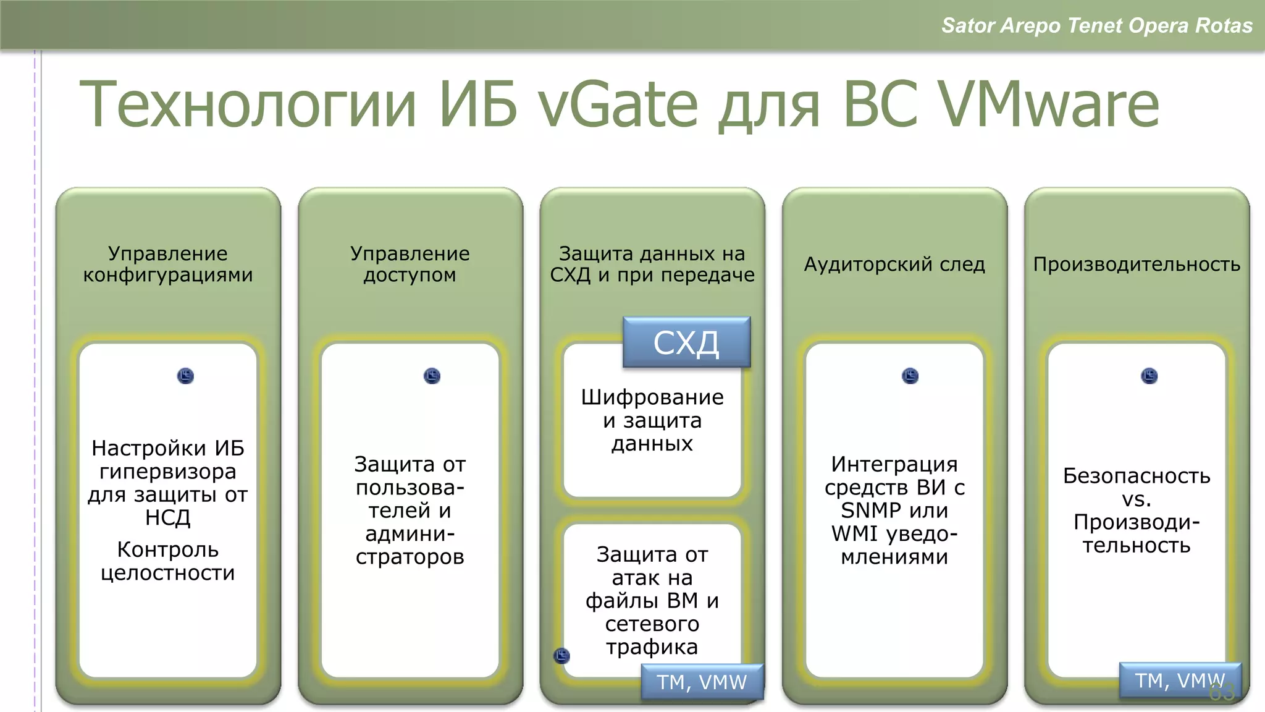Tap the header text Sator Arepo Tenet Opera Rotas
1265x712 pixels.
(x=1096, y=25)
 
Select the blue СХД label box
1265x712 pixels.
(x=686, y=342)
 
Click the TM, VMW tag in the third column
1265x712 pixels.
(x=702, y=682)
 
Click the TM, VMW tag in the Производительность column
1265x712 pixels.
(x=1179, y=680)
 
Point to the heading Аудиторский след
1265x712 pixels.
(x=894, y=264)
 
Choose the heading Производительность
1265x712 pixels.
(x=1137, y=264)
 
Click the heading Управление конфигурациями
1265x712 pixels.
(x=168, y=264)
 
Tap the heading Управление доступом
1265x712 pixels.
(x=410, y=264)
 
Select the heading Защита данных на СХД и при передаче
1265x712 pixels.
(x=652, y=264)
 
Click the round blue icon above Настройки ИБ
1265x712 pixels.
(x=185, y=376)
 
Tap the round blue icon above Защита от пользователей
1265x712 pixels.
(x=432, y=376)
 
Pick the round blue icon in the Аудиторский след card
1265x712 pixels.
(x=910, y=376)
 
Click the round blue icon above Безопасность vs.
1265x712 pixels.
(x=1149, y=376)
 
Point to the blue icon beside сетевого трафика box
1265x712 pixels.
(x=561, y=656)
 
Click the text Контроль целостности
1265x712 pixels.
(x=168, y=561)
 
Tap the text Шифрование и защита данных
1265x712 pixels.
(x=652, y=420)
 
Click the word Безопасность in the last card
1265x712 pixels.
(x=1137, y=476)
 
